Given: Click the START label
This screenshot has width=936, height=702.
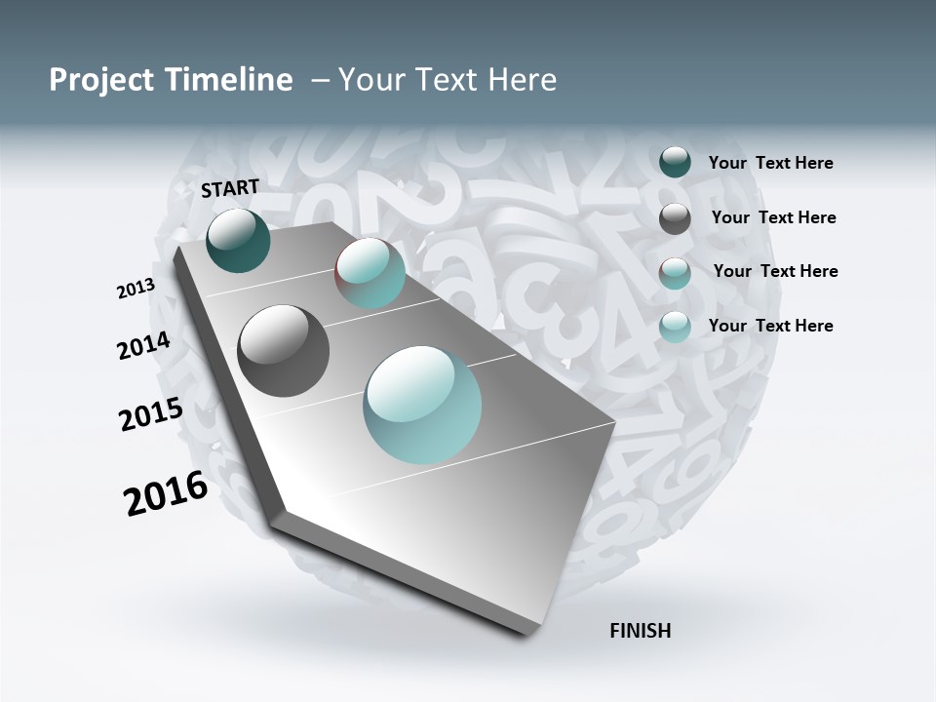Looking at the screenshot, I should coord(230,188).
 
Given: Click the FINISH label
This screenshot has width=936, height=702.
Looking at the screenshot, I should coord(640,631).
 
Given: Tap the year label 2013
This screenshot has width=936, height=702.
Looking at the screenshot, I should coord(136,289).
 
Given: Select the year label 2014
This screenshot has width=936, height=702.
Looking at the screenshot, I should coord(144,346).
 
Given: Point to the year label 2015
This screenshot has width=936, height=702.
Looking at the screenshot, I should coord(151,413).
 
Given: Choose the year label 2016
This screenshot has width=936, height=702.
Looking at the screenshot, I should coord(166,493).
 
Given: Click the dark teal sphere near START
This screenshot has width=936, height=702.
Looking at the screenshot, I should coord(238,241).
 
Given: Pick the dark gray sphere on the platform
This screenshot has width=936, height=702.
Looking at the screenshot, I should coord(283,351).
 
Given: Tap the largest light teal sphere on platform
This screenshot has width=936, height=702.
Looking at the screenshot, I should coord(422,405).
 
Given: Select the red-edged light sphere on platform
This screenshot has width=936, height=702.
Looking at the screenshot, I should coord(370,273).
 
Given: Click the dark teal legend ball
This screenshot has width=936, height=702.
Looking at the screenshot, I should coord(675,163).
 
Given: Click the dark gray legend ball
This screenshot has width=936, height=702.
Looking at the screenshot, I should coord(675,218).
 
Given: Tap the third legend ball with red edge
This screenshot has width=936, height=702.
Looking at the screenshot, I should coord(675,273).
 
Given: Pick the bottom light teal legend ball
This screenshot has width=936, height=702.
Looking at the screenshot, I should coord(675,327).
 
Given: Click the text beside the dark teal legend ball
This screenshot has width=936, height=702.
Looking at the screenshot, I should coord(770,164).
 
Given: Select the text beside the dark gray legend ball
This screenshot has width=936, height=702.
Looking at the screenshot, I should coord(773,217).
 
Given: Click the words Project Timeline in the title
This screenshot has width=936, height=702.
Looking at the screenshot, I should coord(171,80).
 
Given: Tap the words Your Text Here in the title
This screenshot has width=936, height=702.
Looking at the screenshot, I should coord(447,80).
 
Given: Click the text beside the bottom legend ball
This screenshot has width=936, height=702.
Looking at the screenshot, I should coord(770,326).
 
